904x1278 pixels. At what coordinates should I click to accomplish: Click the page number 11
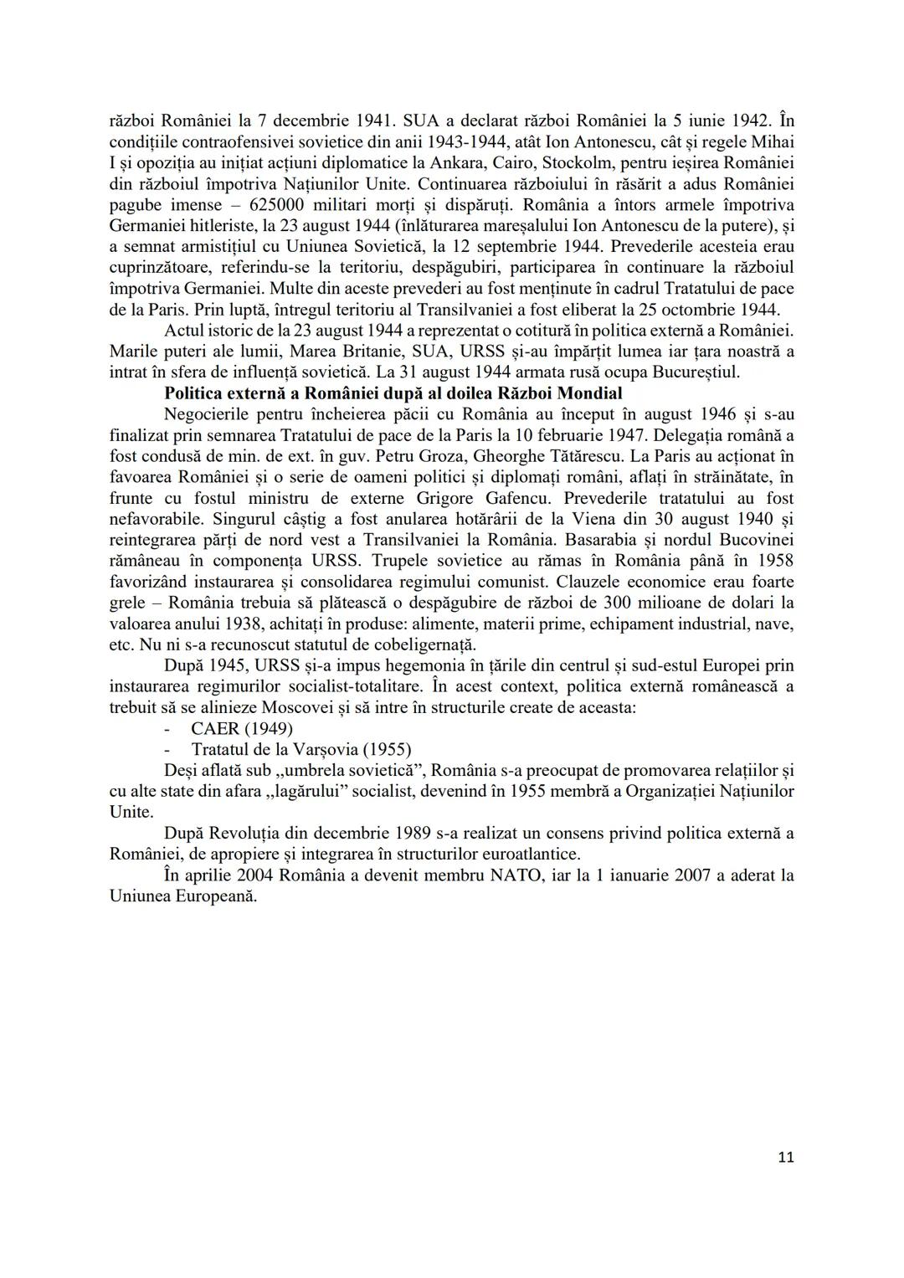tap(785, 1157)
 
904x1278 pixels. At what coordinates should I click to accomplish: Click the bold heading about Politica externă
tap(393, 393)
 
